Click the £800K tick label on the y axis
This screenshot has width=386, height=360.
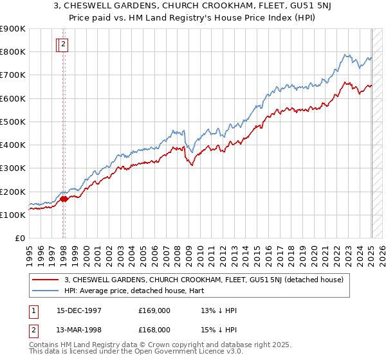pos(12,51)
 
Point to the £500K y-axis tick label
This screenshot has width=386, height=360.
pos(12,122)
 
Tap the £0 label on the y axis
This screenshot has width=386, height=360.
pos(19,239)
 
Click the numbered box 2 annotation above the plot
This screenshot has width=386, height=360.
pos(64,44)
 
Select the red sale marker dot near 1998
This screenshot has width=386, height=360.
pos(64,199)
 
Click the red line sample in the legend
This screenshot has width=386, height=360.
pos(46,279)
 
